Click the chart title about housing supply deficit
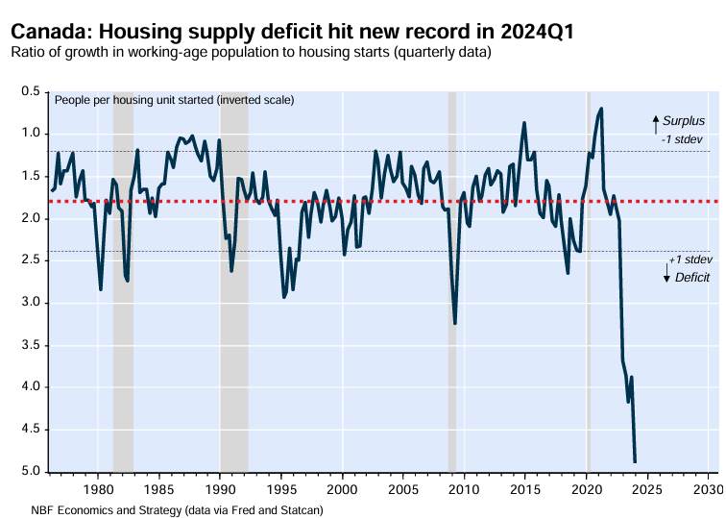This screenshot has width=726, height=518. (x=293, y=32)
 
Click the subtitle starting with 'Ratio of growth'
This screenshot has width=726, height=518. (x=251, y=52)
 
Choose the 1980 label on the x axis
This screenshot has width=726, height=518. (x=98, y=489)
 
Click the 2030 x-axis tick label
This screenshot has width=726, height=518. (x=709, y=489)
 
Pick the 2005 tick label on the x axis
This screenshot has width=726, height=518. (x=403, y=489)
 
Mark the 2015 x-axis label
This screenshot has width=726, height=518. (x=525, y=489)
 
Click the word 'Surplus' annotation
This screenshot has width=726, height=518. (x=684, y=121)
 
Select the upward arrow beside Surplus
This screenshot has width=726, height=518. (x=656, y=123)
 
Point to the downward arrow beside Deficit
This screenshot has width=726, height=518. (x=666, y=274)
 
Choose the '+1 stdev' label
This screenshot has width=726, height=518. (x=690, y=259)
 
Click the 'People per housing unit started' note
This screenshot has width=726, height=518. (x=174, y=100)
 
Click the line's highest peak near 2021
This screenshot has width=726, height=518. (x=601, y=109)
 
